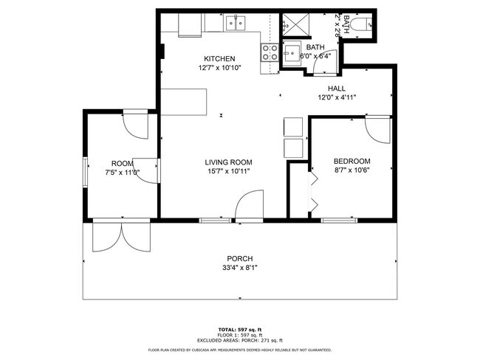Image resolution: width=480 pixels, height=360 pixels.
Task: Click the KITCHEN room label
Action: point(219,59)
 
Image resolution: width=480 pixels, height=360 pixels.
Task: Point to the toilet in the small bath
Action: point(362,27)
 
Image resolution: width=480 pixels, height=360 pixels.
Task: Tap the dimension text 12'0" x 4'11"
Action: point(337,97)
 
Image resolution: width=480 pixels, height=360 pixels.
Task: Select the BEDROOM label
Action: point(352,161)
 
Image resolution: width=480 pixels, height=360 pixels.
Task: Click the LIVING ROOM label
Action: point(228,162)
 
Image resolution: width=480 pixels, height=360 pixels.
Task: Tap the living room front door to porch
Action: point(249,207)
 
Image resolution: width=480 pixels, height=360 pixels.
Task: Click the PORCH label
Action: point(241,258)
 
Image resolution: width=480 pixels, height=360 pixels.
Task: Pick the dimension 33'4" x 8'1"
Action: point(241,268)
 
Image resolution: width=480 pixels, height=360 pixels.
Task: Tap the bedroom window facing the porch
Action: point(339,220)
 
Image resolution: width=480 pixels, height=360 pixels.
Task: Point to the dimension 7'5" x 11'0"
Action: point(122,172)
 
